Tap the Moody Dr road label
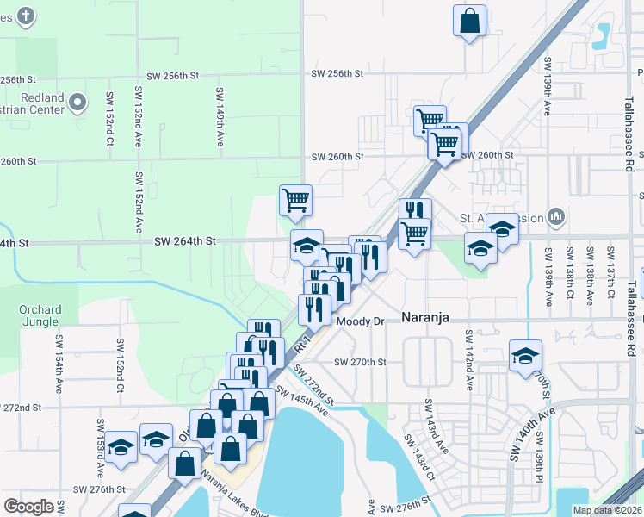click(x=359, y=321)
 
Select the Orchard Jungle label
click(x=40, y=317)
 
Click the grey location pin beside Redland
click(x=77, y=103)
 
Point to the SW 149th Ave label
click(x=220, y=115)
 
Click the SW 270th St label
click(x=360, y=362)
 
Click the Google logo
click(x=28, y=507)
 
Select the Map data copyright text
click(x=606, y=510)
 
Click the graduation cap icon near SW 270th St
click(x=525, y=356)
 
